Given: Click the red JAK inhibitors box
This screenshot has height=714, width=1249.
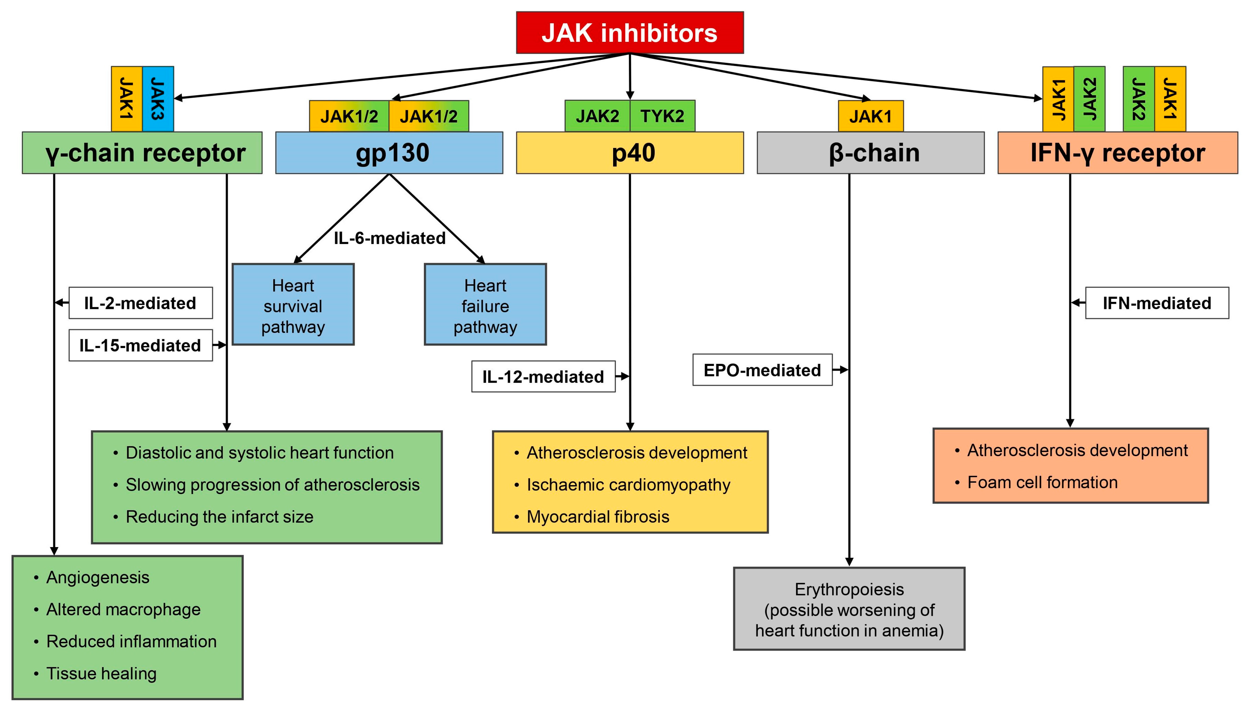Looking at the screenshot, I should point(630,32).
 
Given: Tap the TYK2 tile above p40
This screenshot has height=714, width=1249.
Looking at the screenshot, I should point(662,116).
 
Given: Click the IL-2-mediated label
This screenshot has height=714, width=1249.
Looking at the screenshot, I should point(140,303).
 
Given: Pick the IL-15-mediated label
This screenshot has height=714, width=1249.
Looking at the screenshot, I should point(140,345).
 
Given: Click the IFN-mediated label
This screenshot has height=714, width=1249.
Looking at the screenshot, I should point(1157,303).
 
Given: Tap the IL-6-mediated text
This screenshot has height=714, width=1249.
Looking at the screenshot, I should point(389,238).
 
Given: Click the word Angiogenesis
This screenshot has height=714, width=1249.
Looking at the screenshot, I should point(98,577).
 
